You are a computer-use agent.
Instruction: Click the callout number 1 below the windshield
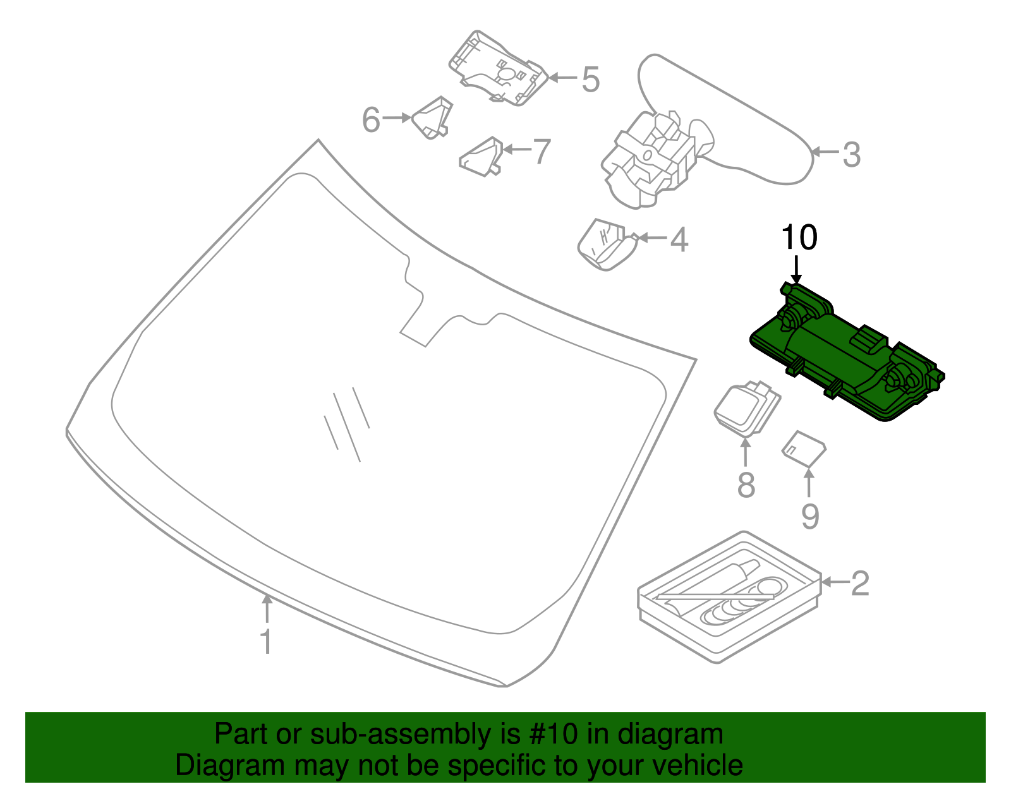[267, 641]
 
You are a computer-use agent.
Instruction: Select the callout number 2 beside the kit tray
[860, 583]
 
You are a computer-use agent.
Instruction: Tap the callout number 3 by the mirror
[852, 154]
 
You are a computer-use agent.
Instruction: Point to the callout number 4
[679, 239]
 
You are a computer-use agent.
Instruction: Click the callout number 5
[590, 80]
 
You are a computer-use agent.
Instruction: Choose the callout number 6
[371, 119]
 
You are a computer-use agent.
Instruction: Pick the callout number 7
[542, 152]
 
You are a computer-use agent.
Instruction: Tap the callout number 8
[746, 485]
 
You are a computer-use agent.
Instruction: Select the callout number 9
[810, 516]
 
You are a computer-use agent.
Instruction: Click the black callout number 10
[799, 238]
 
